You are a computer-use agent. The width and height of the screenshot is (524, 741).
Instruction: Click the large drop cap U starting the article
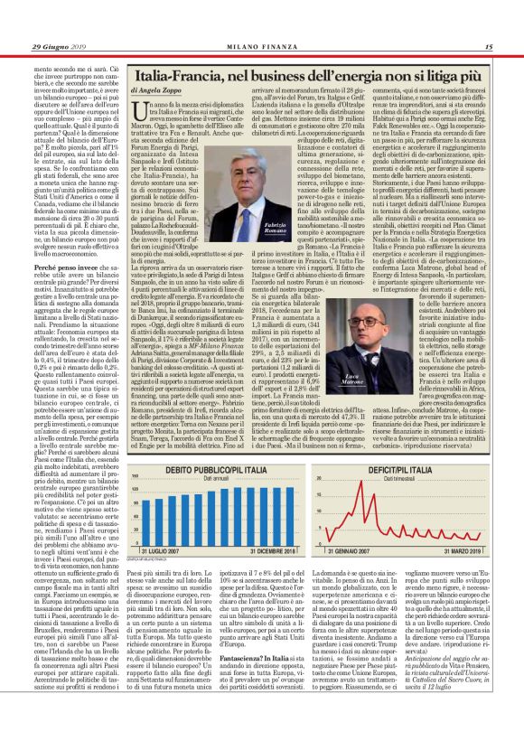click(x=139, y=117)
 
